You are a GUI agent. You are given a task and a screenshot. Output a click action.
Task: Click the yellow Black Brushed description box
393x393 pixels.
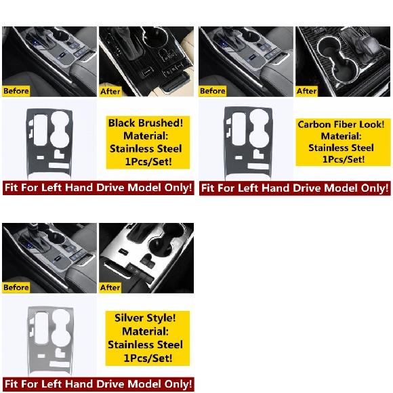[x=148, y=142]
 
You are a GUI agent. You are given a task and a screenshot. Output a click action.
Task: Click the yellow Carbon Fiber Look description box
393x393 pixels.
[x=343, y=142]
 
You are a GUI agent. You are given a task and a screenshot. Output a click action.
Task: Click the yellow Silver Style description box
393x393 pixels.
[x=148, y=338]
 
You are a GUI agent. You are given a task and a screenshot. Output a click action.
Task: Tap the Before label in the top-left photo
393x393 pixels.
[x=16, y=91]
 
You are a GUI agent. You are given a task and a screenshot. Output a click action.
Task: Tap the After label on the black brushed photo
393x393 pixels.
[x=110, y=91]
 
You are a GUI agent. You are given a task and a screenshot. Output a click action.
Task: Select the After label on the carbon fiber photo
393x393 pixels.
[x=307, y=91]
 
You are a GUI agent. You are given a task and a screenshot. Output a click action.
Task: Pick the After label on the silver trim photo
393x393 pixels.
[x=110, y=287]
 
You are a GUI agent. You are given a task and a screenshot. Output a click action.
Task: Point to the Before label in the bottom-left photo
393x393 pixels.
[x=16, y=287]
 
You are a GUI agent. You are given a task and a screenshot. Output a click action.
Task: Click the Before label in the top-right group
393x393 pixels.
[x=213, y=91]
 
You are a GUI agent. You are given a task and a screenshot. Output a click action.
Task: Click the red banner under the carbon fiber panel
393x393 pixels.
[x=295, y=188]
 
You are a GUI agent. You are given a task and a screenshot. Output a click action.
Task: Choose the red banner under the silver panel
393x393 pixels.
[x=98, y=384]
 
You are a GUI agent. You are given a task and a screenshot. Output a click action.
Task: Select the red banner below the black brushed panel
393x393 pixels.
[x=98, y=188]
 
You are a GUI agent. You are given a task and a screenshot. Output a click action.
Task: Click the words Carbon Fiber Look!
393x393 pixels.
[x=341, y=125]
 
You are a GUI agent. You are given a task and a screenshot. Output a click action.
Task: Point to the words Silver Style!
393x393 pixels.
[x=145, y=318]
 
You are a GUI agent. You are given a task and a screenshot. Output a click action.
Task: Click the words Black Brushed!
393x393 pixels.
[x=146, y=123]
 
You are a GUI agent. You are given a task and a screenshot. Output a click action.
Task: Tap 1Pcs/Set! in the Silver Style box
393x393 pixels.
[x=148, y=358]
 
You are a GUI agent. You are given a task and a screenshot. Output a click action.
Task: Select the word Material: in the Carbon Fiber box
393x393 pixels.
[x=341, y=136]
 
